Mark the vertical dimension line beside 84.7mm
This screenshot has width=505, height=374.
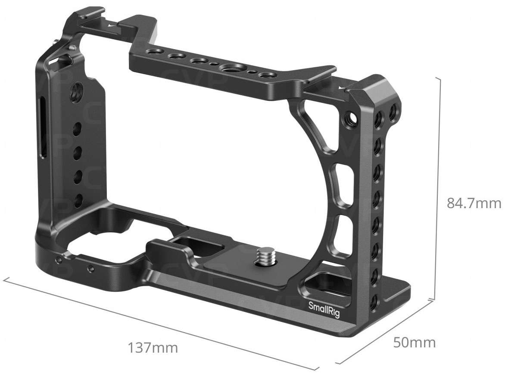tap(440, 190)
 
